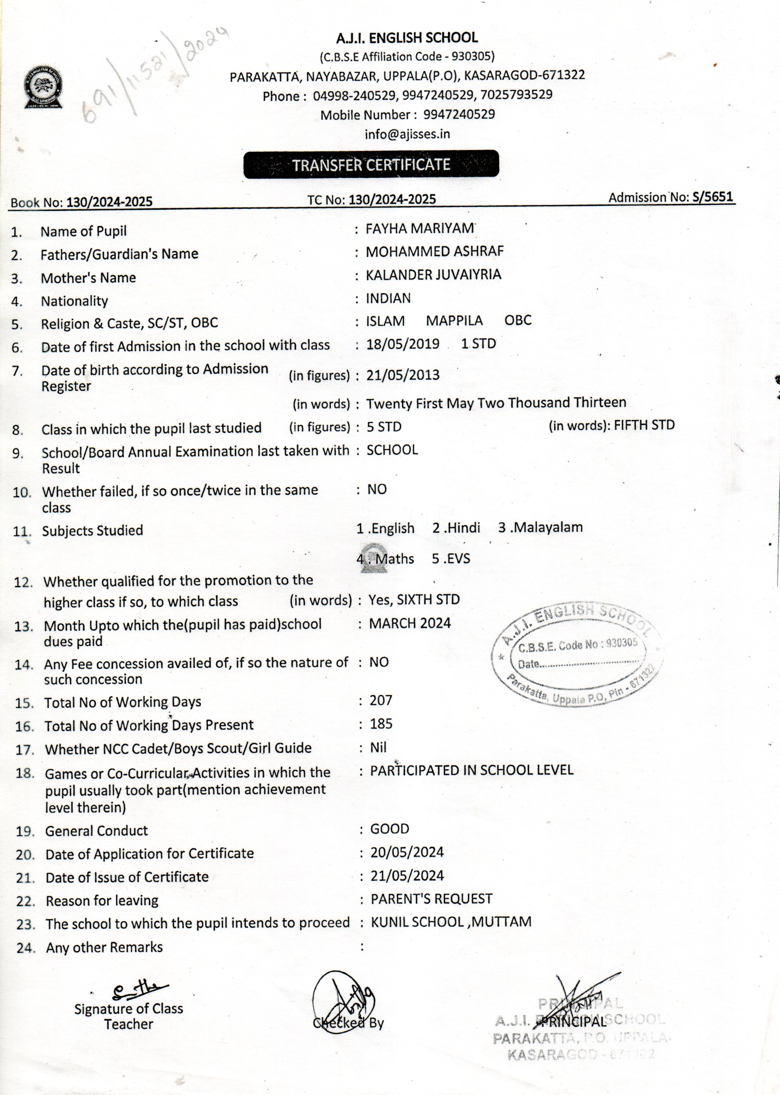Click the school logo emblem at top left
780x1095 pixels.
(43, 88)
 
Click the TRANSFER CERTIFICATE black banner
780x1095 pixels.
(371, 165)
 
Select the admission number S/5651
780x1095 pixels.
(712, 197)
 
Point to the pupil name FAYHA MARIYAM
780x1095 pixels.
(420, 228)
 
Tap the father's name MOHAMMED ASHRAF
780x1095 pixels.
(434, 251)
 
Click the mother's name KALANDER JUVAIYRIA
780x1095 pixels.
(433, 275)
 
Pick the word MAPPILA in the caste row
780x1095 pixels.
(454, 321)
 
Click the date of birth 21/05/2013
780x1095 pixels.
(403, 375)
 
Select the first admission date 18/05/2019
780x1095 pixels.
(403, 344)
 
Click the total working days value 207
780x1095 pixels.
(381, 700)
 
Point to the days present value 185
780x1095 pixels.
(381, 724)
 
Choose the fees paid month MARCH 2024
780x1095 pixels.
(410, 623)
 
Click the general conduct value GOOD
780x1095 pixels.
(389, 829)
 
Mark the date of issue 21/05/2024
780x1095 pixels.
(407, 876)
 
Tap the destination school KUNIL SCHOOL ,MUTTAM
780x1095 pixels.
(451, 922)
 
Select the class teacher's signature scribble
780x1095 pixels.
(138, 991)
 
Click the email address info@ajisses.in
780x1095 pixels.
(407, 134)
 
